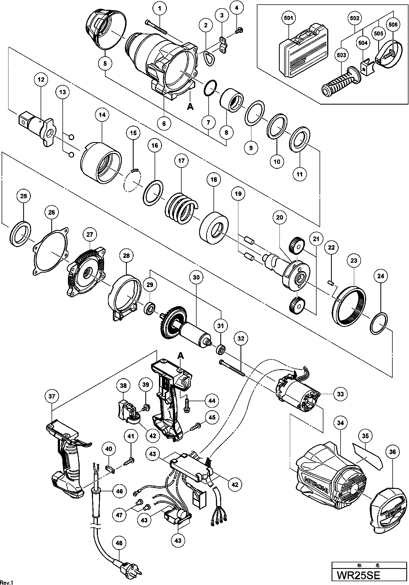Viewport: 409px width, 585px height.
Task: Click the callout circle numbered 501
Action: click(288, 18)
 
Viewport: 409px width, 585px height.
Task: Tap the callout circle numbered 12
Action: click(41, 79)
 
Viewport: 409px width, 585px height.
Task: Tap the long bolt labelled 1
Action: click(156, 27)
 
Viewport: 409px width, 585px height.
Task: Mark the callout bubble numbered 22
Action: click(331, 248)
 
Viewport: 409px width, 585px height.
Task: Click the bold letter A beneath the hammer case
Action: click(190, 107)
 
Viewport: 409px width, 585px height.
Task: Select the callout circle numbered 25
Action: click(24, 196)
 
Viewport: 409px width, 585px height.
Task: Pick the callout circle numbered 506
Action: click(393, 25)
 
